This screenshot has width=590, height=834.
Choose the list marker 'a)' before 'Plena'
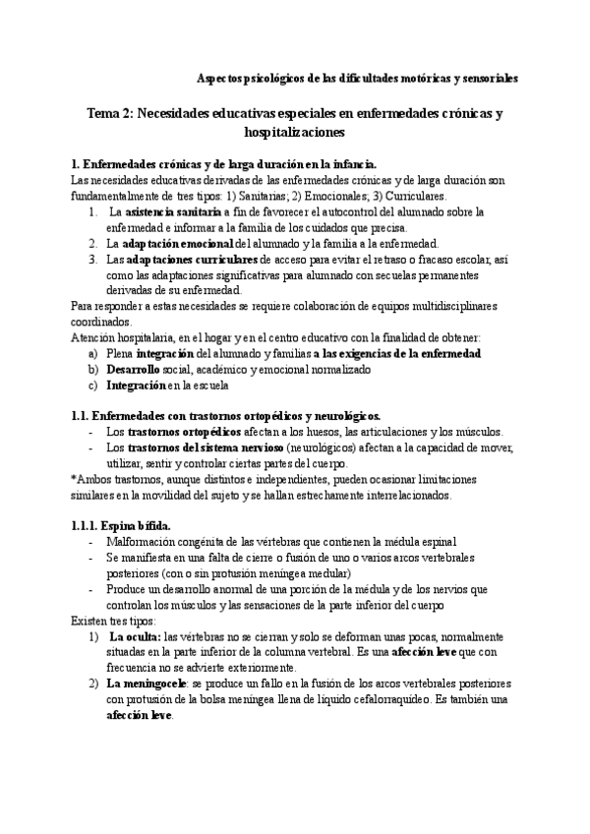tap(93, 353)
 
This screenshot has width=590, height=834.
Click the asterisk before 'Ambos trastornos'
tap(75, 479)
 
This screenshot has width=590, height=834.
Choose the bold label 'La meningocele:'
tap(147, 684)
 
